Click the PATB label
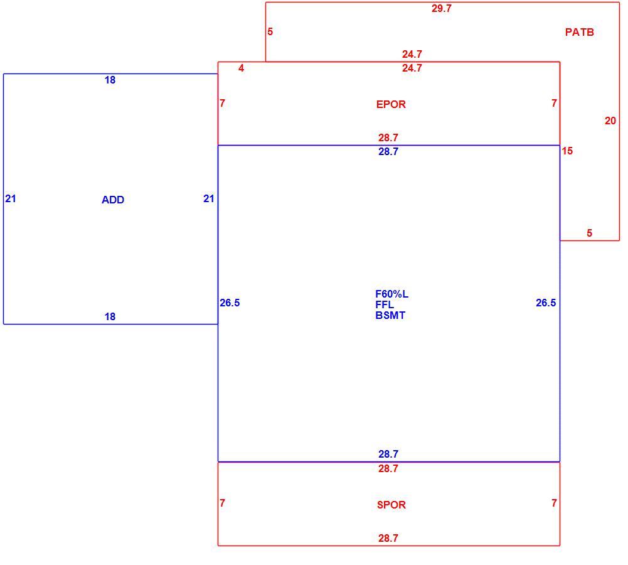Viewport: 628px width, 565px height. click(x=579, y=32)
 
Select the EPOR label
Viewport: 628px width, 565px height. click(x=391, y=105)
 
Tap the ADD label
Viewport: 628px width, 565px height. click(x=113, y=200)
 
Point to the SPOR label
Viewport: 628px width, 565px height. click(x=391, y=505)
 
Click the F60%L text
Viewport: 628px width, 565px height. click(x=391, y=294)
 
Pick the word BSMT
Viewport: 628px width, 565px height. click(x=390, y=315)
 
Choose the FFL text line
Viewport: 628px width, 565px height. click(x=385, y=304)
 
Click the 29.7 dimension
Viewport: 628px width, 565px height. click(x=442, y=8)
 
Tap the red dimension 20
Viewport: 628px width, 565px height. click(x=610, y=121)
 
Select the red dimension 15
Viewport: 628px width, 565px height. click(x=567, y=151)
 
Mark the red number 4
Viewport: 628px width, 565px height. click(x=241, y=68)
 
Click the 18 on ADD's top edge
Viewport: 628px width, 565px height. click(x=110, y=80)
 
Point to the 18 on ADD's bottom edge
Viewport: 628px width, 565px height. click(x=110, y=316)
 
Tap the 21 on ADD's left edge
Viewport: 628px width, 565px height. click(x=11, y=199)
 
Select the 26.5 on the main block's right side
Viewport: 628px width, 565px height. click(x=546, y=303)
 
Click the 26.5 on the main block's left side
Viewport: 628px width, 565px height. click(x=230, y=303)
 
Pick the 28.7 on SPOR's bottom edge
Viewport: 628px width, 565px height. click(x=388, y=538)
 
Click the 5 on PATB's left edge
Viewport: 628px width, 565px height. click(x=270, y=31)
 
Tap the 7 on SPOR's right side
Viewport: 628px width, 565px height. click(x=554, y=503)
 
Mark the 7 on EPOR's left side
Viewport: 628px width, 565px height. click(x=222, y=104)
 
